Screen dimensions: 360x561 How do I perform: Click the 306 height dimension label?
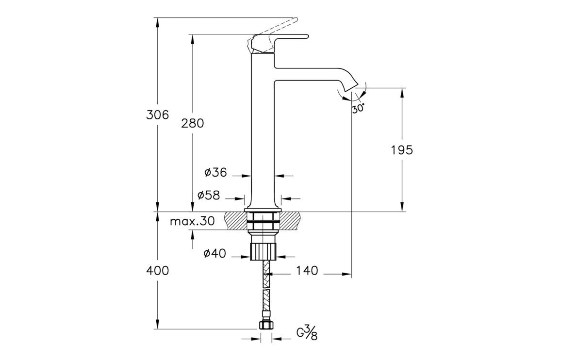point(158,115)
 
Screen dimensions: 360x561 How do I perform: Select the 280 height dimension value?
point(193,123)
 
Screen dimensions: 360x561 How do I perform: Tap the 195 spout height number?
point(402,150)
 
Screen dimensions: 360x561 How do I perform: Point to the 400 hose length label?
point(158,271)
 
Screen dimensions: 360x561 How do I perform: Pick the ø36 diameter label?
point(215,172)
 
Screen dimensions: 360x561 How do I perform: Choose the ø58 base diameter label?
point(209,195)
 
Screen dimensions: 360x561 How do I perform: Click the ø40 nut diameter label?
point(215,253)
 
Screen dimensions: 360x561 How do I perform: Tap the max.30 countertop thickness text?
point(192,222)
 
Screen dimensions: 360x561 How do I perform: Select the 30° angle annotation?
point(358,109)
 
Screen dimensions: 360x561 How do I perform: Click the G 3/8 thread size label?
point(307,333)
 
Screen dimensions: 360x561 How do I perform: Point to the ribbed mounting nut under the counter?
point(263,251)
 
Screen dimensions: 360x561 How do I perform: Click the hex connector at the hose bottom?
point(265,325)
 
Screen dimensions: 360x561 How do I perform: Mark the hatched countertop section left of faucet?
point(236,221)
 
